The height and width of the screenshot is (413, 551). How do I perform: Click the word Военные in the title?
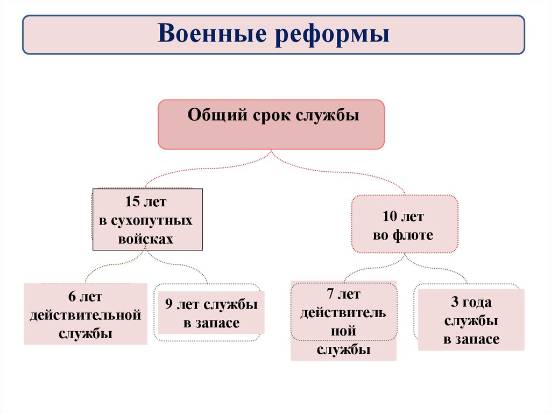point(215,34)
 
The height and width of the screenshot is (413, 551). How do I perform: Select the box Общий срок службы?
point(271,124)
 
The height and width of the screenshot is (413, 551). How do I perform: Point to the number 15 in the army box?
point(132,202)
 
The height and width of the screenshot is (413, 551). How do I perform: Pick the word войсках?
point(146,239)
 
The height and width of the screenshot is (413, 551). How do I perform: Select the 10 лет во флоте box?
point(405,224)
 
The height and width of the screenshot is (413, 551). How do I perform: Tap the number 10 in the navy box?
point(390,218)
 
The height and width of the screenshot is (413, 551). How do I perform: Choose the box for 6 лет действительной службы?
point(86,314)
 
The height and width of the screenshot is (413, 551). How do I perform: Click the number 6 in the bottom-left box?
point(72,297)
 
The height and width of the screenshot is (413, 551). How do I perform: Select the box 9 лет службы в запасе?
point(211,314)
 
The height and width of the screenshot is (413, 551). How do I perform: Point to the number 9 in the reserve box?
point(168,305)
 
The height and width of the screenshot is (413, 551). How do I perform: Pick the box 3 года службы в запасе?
point(471,320)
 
